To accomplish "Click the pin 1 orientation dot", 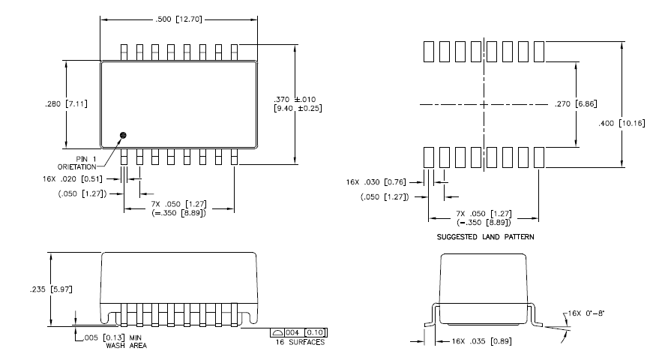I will click(x=124, y=135).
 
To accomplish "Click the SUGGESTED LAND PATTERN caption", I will click(x=483, y=236).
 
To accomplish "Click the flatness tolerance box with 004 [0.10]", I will click(x=299, y=332).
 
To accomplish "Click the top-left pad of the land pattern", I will click(x=429, y=51).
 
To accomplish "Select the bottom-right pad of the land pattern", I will click(x=538, y=157).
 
